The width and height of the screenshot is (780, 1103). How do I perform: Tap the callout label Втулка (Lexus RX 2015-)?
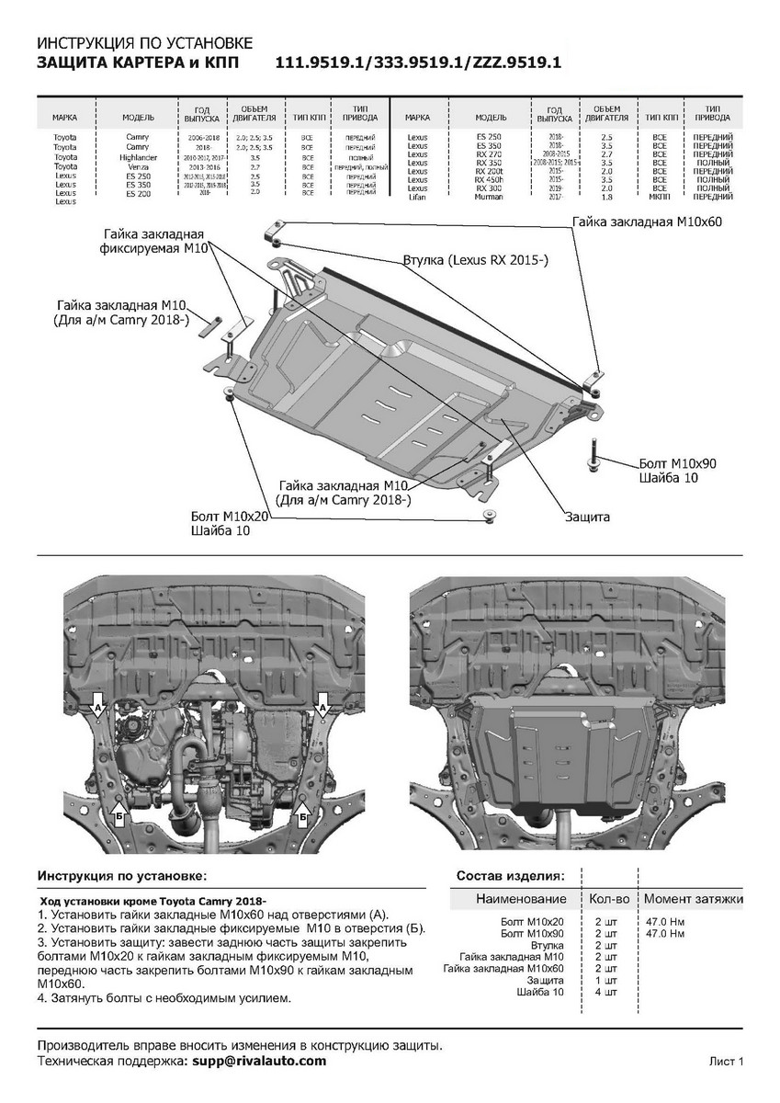point(475,261)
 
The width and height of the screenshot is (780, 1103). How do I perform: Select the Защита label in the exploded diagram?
point(588,517)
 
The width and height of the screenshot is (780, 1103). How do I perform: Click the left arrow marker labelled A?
point(97,707)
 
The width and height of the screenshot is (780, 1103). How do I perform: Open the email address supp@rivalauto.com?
point(258,1061)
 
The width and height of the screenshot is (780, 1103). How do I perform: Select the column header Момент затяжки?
point(693,898)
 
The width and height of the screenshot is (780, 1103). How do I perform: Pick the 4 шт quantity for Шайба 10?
point(606,993)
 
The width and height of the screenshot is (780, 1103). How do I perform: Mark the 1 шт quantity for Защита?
point(606,981)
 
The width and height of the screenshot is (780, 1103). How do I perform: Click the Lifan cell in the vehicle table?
point(416,197)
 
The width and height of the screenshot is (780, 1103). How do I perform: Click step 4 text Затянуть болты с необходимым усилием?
point(165,997)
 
